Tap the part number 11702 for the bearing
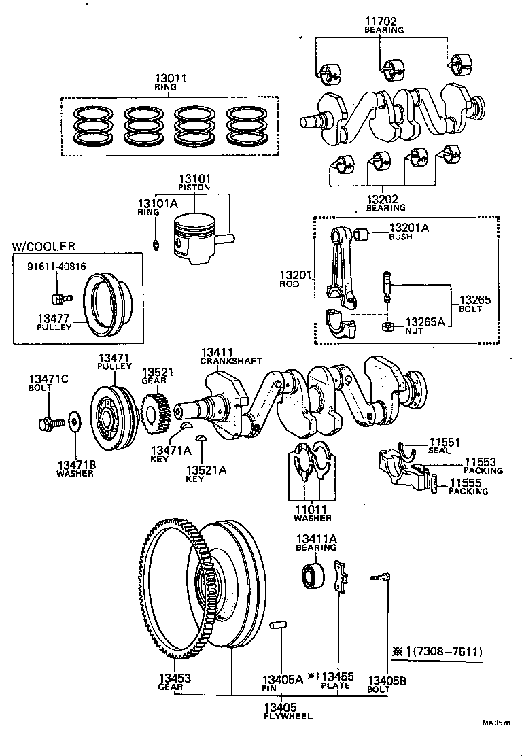click(383, 22)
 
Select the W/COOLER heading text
click(43, 245)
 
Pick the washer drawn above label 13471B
click(73, 422)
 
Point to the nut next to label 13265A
click(387, 328)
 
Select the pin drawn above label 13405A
click(280, 625)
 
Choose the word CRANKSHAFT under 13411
click(230, 361)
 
